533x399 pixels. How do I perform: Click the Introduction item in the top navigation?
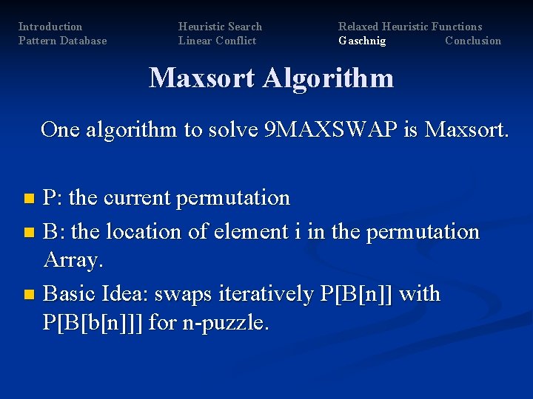coord(50,27)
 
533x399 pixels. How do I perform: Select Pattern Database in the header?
coord(62,41)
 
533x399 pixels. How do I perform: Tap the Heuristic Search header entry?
coord(220,27)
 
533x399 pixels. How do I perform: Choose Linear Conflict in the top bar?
coord(217,41)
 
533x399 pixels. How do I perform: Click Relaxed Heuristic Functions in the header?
coord(410,27)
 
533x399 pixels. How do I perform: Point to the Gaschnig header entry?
coord(362,41)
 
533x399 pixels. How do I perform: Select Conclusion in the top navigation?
coord(473,41)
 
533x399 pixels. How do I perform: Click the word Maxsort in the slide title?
coord(202,78)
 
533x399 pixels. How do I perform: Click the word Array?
coord(74,259)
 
